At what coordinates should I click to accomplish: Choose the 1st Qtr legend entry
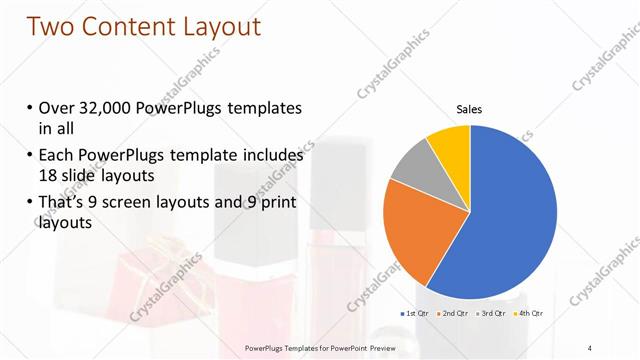(x=415, y=314)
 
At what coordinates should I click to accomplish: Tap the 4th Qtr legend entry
(x=530, y=314)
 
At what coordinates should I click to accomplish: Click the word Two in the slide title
(x=54, y=27)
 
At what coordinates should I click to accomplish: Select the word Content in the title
(x=137, y=27)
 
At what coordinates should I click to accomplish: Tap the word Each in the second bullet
(x=56, y=156)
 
